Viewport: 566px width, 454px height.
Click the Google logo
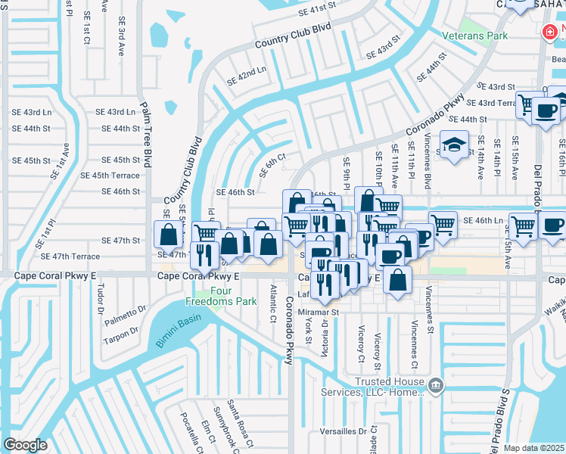coord(25,444)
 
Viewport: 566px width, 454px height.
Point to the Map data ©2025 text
coord(534,448)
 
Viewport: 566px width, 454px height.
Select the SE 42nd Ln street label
coord(247,74)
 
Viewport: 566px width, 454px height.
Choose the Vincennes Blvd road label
coord(428,160)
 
